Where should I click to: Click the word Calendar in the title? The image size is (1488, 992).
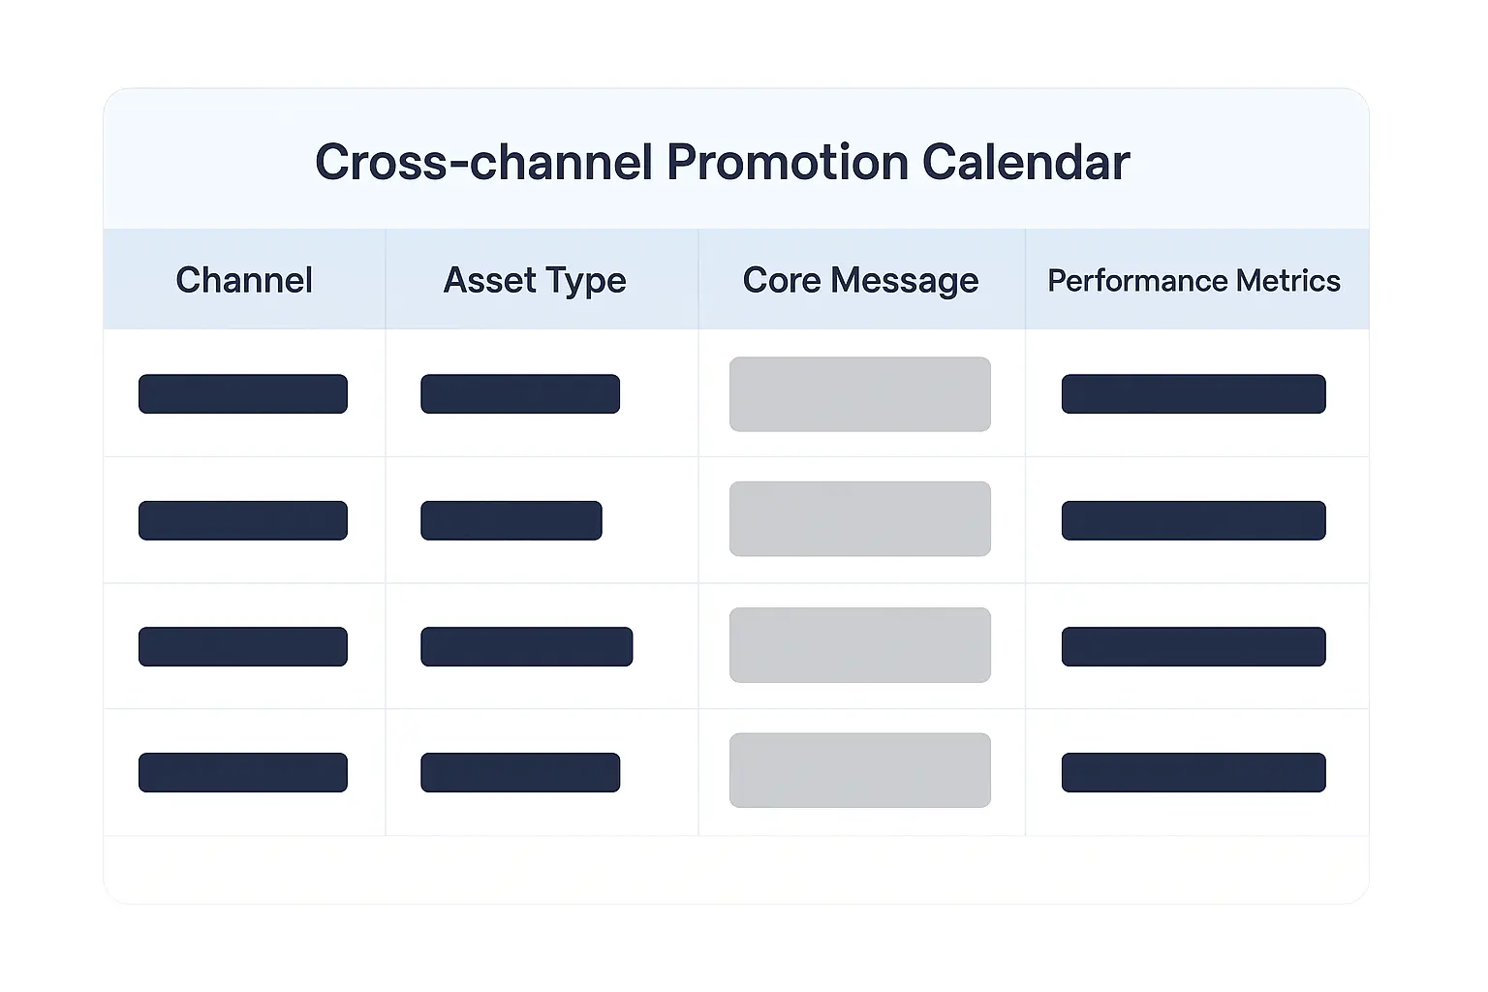[x=1026, y=163]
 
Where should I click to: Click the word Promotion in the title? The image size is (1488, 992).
[x=788, y=163]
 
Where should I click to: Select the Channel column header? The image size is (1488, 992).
[x=244, y=280]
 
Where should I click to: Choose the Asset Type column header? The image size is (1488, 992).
[x=535, y=280]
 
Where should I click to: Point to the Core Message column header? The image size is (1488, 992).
[x=860, y=280]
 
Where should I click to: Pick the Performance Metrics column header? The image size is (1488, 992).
[x=1193, y=280]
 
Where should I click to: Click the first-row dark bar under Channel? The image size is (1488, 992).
[x=243, y=394]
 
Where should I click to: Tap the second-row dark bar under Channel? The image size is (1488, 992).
[x=243, y=520]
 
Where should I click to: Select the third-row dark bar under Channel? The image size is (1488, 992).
[x=243, y=646]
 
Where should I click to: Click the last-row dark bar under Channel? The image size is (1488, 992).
[x=243, y=772]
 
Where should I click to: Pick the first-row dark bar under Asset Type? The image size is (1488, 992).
[x=520, y=394]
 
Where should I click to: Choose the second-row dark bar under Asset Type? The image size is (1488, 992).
[x=511, y=520]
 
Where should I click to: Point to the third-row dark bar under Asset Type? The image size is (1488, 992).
[x=527, y=646]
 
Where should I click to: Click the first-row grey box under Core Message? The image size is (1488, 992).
[x=860, y=394]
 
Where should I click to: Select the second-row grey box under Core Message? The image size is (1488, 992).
[x=860, y=518]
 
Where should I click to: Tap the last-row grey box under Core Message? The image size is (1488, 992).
[x=860, y=770]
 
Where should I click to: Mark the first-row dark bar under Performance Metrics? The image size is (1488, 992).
[x=1193, y=394]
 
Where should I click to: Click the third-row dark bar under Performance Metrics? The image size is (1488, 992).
[x=1193, y=646]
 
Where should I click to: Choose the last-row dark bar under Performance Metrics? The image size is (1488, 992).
[x=1193, y=772]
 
